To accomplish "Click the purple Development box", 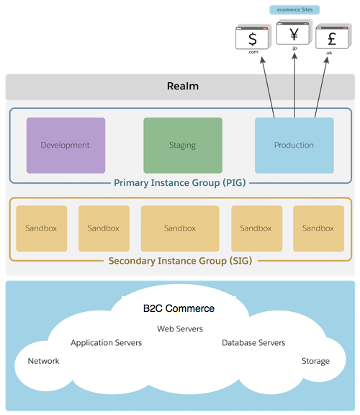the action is (x=66, y=146).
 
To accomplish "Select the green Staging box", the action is (x=183, y=146).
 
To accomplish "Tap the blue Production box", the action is (x=294, y=146).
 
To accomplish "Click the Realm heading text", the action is (x=183, y=86).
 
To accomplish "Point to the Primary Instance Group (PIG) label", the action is (x=180, y=183).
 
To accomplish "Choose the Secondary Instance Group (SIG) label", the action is (x=180, y=261).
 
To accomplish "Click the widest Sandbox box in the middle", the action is (x=180, y=228).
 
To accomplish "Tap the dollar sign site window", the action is (x=253, y=37).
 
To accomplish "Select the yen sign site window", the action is (x=294, y=32).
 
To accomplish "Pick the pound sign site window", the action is (x=333, y=36).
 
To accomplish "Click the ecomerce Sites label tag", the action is (x=294, y=10).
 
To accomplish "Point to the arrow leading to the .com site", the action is (x=268, y=88).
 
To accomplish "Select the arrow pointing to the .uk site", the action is (x=322, y=87).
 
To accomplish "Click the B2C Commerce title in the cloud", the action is (x=179, y=308).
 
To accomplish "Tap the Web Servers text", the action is (x=180, y=329).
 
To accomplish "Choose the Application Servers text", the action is (x=106, y=343).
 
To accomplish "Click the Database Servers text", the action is (x=253, y=343).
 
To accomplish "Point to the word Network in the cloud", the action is (x=44, y=361).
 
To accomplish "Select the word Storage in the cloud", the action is (x=315, y=361).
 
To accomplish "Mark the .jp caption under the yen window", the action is (x=294, y=48).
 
